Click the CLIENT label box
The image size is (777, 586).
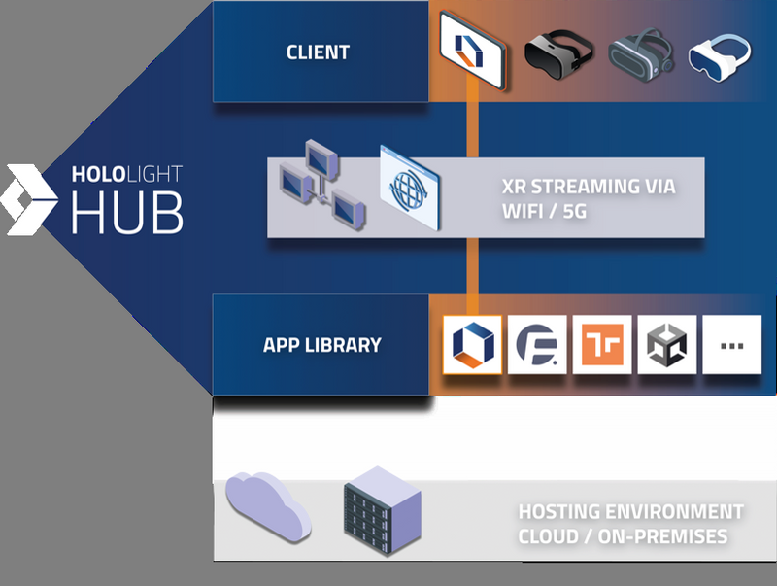[319, 52]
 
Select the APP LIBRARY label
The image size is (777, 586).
[321, 345]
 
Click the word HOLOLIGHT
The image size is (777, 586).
[126, 176]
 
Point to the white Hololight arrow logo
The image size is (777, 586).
[30, 199]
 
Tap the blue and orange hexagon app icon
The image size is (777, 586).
[472, 345]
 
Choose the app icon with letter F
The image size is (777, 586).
[537, 345]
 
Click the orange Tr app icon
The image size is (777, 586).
[602, 345]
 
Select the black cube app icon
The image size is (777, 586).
[667, 345]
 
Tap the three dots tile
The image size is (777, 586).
[732, 345]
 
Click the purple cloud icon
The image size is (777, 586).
[266, 507]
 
